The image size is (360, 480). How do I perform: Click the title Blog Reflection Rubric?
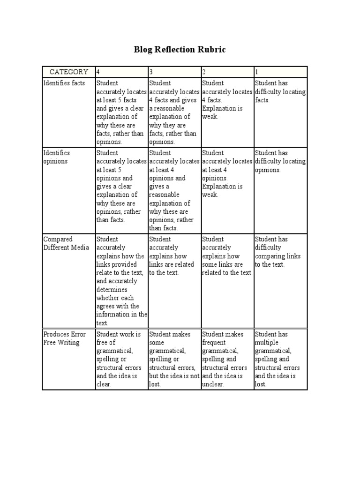click(x=180, y=49)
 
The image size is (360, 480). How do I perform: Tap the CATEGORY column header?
click(x=69, y=72)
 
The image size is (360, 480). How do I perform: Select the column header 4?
click(x=98, y=72)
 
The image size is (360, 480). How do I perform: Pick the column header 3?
click(x=151, y=72)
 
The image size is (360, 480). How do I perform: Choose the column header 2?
click(x=204, y=72)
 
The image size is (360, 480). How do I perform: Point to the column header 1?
click(x=257, y=72)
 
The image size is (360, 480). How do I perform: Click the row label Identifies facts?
click(x=64, y=83)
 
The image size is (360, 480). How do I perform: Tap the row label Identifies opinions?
click(x=57, y=157)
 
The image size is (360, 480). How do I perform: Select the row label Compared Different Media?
click(x=66, y=243)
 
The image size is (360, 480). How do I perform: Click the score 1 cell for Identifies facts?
click(x=280, y=92)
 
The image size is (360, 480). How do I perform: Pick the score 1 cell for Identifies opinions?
click(x=280, y=161)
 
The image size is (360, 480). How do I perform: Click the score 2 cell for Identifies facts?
click(x=227, y=100)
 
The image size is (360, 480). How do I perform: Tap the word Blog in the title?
click(x=143, y=49)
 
